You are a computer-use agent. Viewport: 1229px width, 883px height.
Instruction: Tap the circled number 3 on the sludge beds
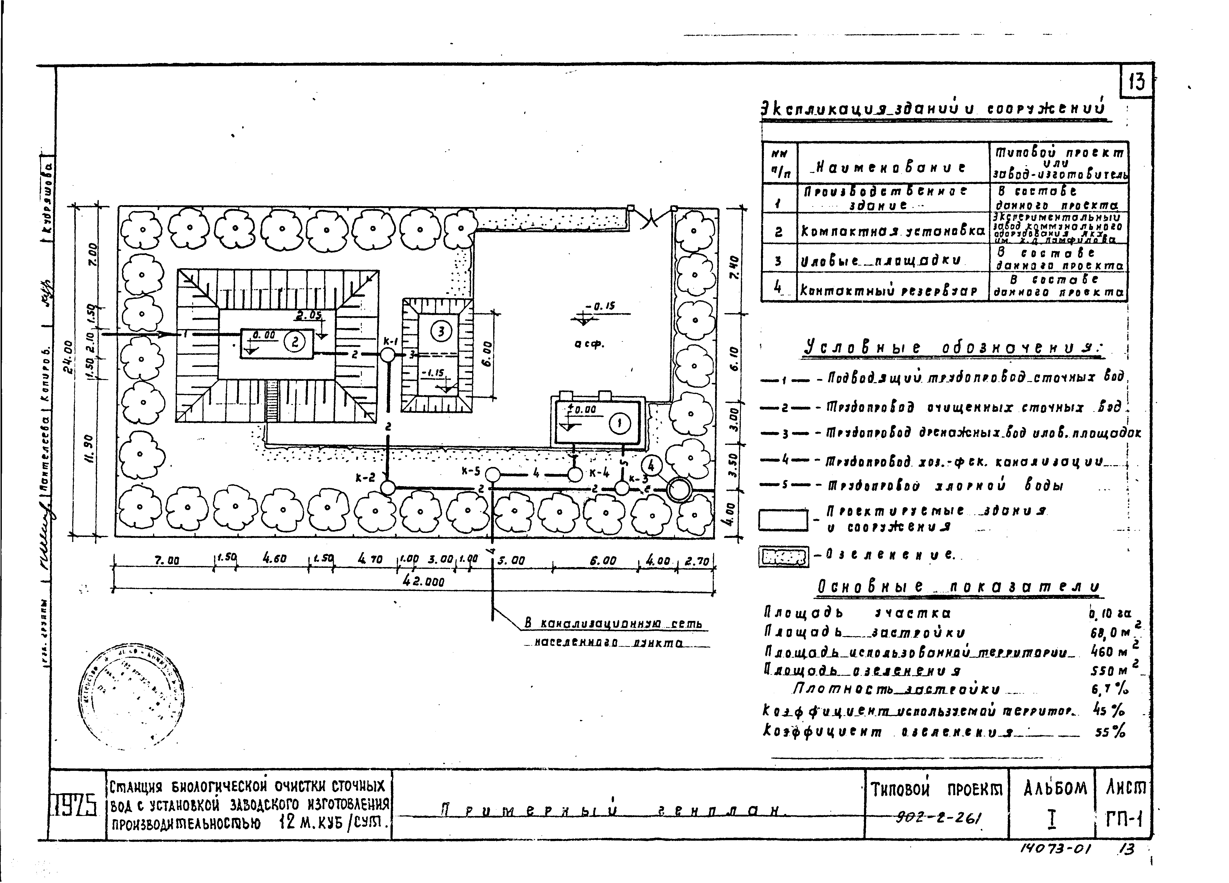click(x=441, y=331)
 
